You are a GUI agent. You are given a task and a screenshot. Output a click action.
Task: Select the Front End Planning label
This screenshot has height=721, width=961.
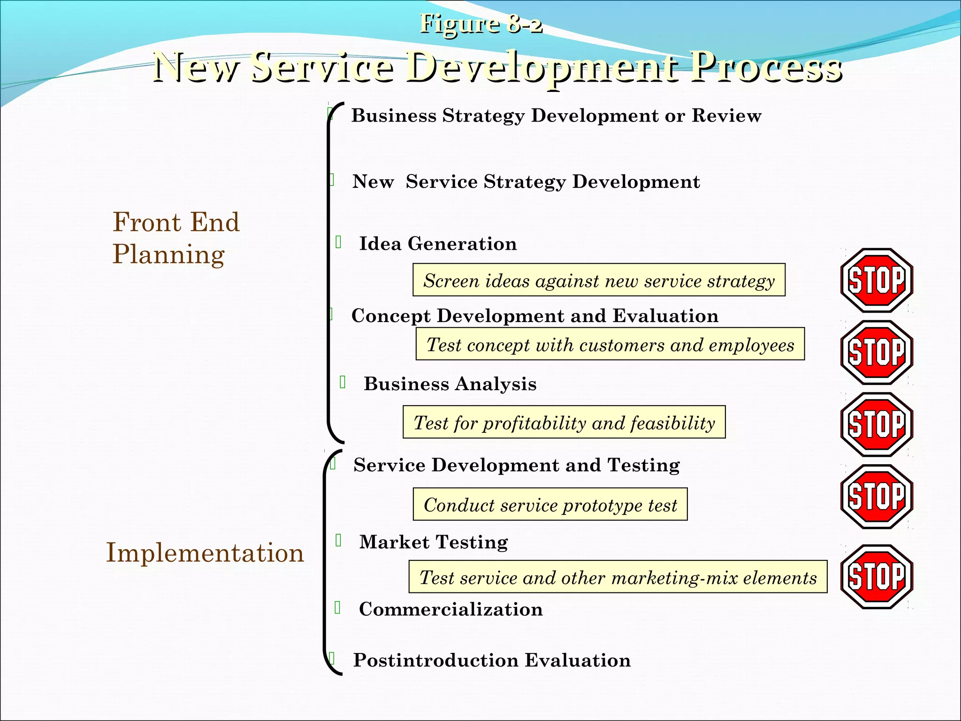pos(176,238)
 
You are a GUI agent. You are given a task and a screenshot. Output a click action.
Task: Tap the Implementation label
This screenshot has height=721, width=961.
pos(205,552)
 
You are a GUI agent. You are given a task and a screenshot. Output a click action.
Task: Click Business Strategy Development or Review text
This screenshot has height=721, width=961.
pos(556,115)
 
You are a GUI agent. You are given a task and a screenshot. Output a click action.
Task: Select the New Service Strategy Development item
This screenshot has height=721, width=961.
pos(526,182)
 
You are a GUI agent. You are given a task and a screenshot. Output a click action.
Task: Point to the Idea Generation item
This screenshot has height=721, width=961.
pos(438,244)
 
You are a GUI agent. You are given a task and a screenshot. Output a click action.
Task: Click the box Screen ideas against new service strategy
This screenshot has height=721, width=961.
pos(599,280)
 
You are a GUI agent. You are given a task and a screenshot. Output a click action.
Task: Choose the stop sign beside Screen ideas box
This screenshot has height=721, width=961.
pos(876,280)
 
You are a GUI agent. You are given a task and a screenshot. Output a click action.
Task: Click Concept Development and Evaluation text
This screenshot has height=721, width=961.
pos(535,316)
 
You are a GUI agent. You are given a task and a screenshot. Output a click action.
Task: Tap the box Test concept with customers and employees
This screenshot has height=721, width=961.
pos(610,345)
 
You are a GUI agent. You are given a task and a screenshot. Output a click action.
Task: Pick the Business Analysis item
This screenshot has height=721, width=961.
pos(450,384)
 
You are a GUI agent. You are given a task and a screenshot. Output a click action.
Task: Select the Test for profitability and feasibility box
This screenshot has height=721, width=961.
pos(564,422)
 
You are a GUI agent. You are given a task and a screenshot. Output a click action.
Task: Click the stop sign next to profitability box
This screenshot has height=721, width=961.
pos(876,424)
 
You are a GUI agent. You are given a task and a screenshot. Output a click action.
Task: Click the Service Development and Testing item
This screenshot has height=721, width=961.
pos(517,465)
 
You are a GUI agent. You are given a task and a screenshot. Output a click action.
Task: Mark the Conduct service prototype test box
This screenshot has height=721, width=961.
pos(550,505)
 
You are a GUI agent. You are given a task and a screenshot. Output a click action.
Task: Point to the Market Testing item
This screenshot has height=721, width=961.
pos(434,542)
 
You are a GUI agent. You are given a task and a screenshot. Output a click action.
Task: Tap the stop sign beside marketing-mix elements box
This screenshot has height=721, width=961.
pos(876,576)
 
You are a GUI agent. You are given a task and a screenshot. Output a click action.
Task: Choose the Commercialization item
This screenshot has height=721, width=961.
pos(450,609)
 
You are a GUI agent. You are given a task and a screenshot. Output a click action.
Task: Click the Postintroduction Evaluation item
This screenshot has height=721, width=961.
pos(492,660)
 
